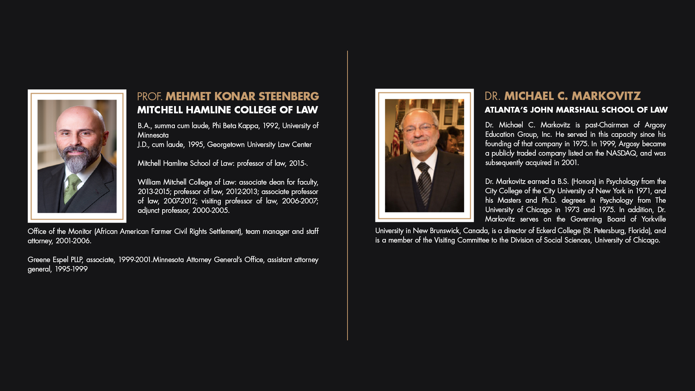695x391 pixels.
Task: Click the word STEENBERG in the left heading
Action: [288, 97]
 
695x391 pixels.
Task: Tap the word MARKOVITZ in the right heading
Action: [606, 96]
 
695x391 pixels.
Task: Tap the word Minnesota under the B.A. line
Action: [153, 135]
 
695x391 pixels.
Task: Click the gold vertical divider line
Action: [347, 195]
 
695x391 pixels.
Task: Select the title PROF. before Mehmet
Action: [149, 97]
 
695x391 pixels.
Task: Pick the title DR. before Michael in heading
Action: [492, 96]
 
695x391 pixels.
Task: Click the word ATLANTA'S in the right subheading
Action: [506, 110]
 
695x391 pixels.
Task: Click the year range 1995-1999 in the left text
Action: [71, 269]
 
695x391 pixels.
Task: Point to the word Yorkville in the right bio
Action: [653, 219]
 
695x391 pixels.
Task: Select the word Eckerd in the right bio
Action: [547, 231]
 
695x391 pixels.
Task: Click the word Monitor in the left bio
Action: [80, 231]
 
